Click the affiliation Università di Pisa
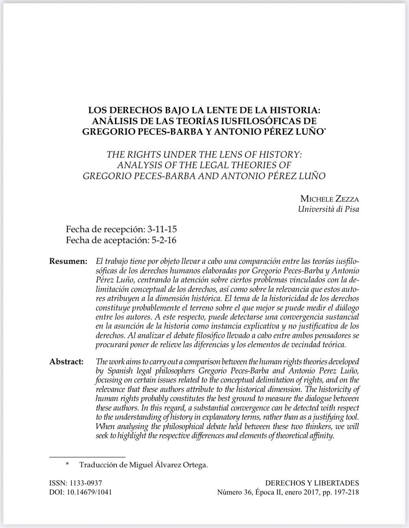[328, 209]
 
